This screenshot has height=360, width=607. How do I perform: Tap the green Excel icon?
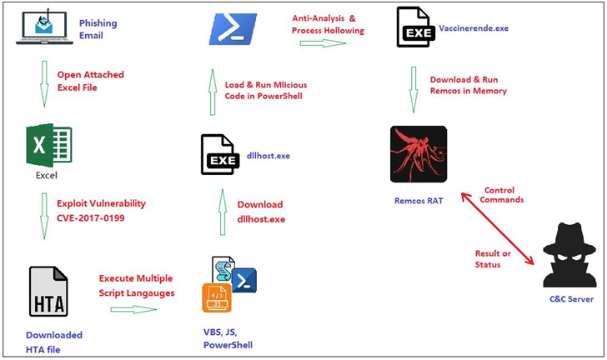pyautogui.click(x=48, y=145)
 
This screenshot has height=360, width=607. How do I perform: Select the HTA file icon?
pyautogui.click(x=48, y=291)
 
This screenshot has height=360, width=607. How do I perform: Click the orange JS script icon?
pyautogui.click(x=216, y=297)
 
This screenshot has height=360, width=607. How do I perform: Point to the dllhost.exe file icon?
pyautogui.click(x=219, y=155)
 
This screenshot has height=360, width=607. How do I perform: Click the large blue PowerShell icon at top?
pyautogui.click(x=233, y=28)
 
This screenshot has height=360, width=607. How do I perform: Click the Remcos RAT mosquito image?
pyautogui.click(x=419, y=154)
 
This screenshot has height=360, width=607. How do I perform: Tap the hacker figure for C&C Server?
pyautogui.click(x=569, y=253)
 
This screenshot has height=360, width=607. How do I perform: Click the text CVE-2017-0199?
pyautogui.click(x=90, y=217)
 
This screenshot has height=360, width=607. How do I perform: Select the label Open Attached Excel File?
pyautogui.click(x=90, y=81)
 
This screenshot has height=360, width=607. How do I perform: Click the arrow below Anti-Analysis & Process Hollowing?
pyautogui.click(x=323, y=43)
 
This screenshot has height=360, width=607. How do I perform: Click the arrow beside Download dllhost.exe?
pyautogui.click(x=222, y=212)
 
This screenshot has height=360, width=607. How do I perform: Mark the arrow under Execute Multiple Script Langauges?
pyautogui.click(x=133, y=309)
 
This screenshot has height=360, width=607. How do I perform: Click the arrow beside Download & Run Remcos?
pyautogui.click(x=414, y=88)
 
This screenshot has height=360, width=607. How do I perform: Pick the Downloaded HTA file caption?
pyautogui.click(x=54, y=342)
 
